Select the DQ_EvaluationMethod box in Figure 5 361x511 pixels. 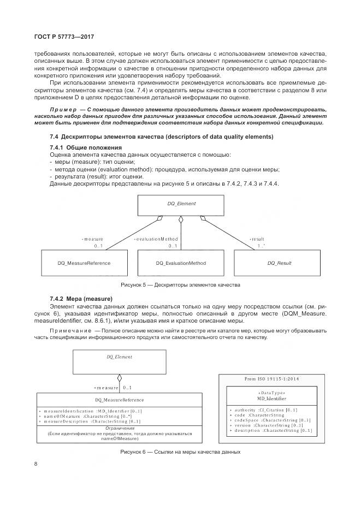181,263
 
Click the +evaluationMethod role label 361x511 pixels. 156,239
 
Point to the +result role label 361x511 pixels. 257,239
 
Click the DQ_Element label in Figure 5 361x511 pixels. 181,203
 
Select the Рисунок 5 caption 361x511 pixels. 180,285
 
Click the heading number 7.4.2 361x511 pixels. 57,299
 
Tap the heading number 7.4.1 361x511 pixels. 57,148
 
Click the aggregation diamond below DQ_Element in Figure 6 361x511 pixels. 119,378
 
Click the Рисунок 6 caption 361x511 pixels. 180,453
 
